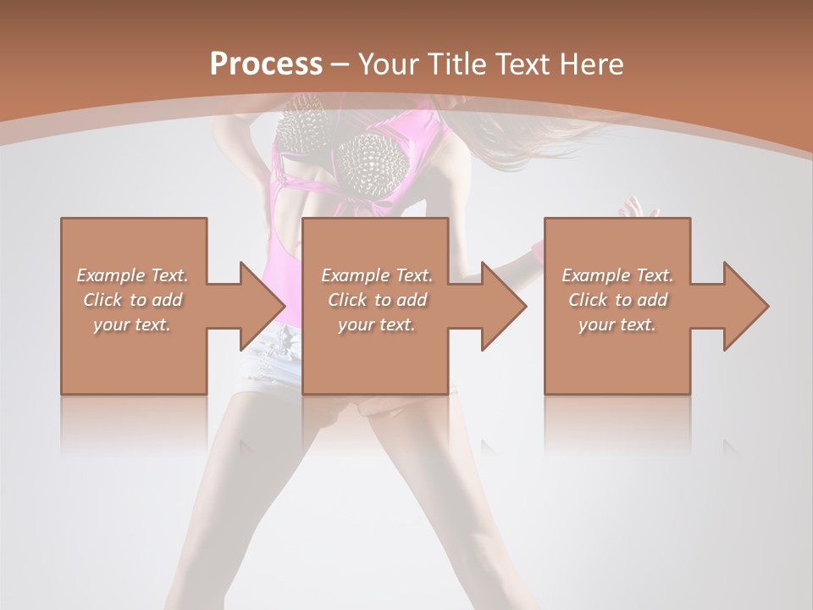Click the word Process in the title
point(266,64)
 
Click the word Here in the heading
point(593,64)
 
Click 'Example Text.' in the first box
point(133,275)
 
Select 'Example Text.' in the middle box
point(377,275)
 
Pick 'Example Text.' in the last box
point(617,275)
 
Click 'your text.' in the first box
point(133,324)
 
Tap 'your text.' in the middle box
point(377,324)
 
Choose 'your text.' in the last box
point(617,324)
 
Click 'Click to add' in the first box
point(133,300)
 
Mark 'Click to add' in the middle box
point(377,300)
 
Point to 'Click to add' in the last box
point(617,300)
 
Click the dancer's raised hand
point(637,208)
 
